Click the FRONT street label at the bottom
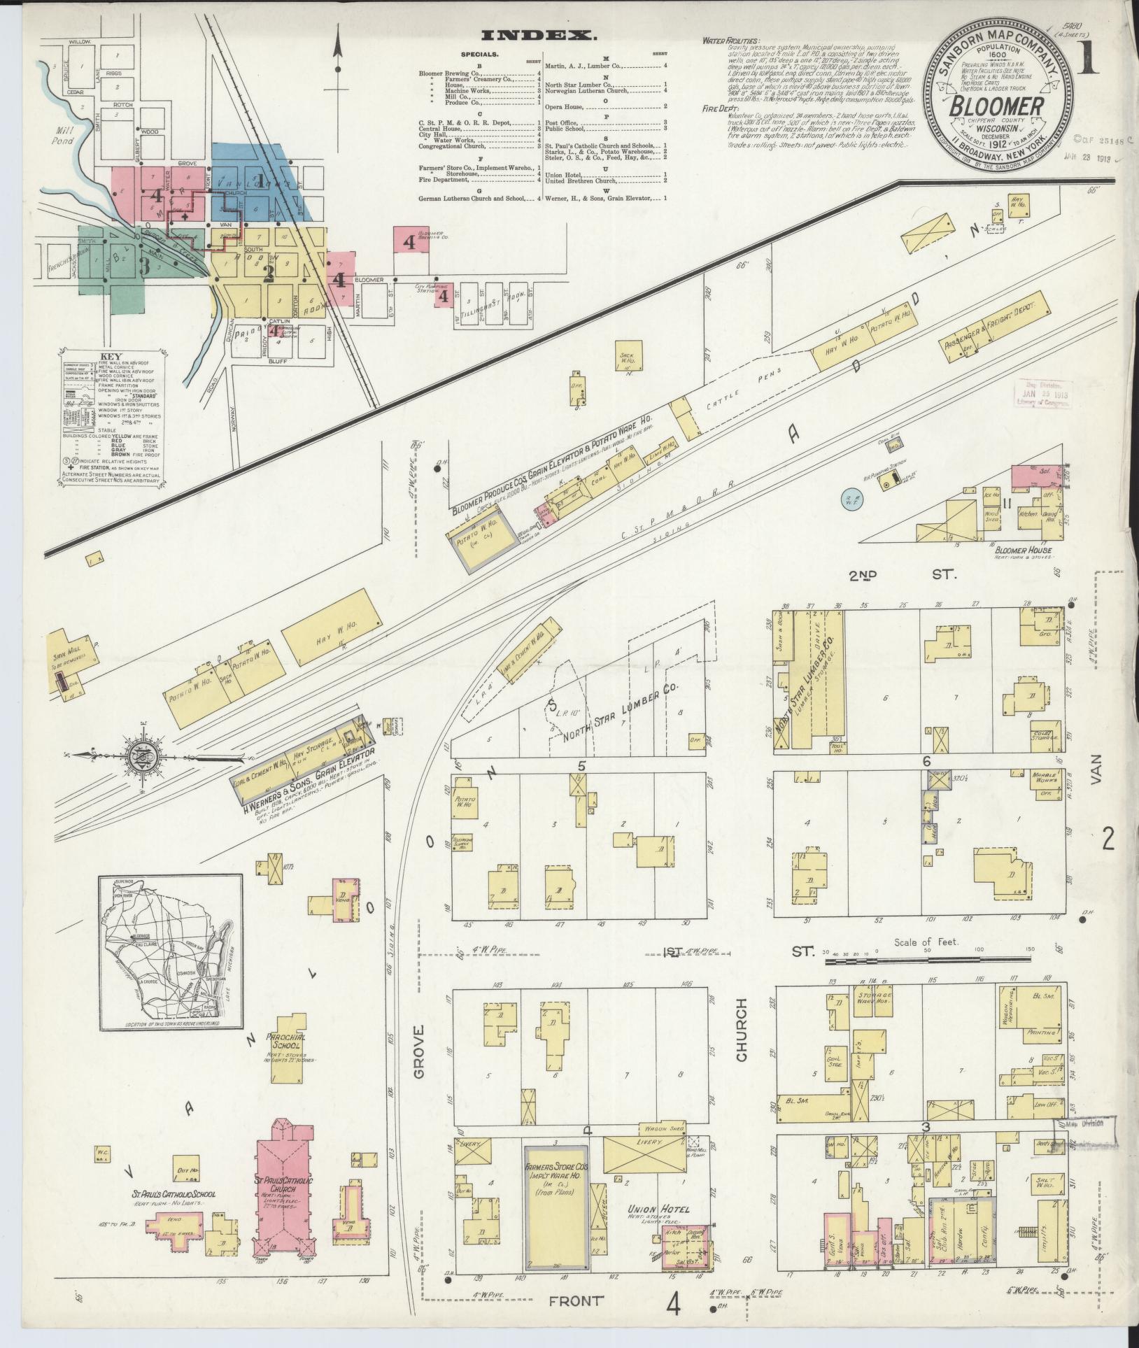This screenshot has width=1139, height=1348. pos(575,1301)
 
